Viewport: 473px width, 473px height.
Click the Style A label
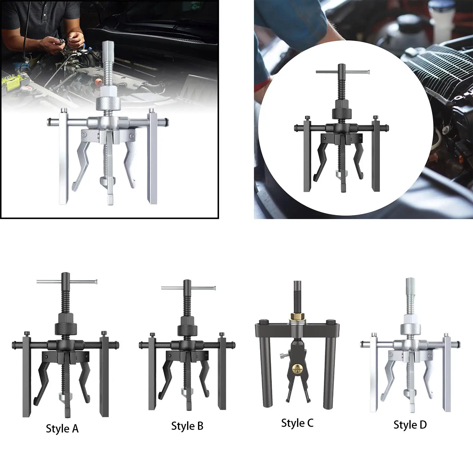[62, 429]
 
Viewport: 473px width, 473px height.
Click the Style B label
[187, 426]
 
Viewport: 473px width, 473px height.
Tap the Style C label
[297, 423]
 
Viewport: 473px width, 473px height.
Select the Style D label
[410, 425]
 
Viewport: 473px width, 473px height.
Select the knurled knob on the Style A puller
[66, 328]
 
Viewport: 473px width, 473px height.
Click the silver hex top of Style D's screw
[410, 284]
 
